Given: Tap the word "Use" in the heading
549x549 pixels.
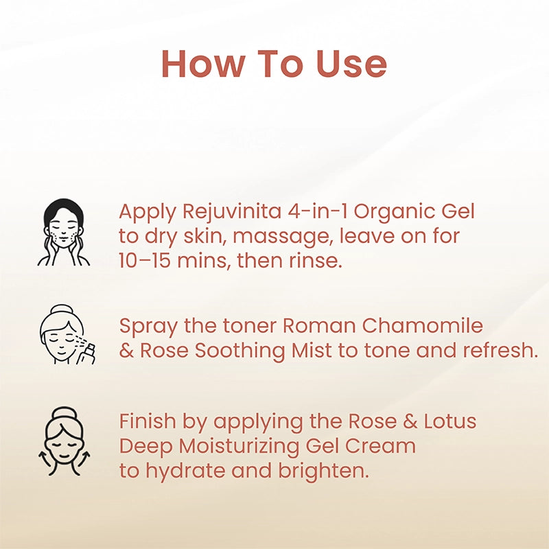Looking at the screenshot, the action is (351, 64).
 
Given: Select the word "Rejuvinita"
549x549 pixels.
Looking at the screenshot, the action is (232, 212).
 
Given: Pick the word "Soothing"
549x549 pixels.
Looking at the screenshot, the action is (240, 351).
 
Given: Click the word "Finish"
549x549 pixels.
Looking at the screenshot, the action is (148, 421).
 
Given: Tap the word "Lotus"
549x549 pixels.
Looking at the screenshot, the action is (450, 421).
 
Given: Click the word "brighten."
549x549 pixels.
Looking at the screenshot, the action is (324, 471).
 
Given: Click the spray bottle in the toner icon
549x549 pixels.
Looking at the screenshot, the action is (86, 354).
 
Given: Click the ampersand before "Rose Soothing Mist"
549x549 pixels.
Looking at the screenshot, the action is (126, 351).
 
